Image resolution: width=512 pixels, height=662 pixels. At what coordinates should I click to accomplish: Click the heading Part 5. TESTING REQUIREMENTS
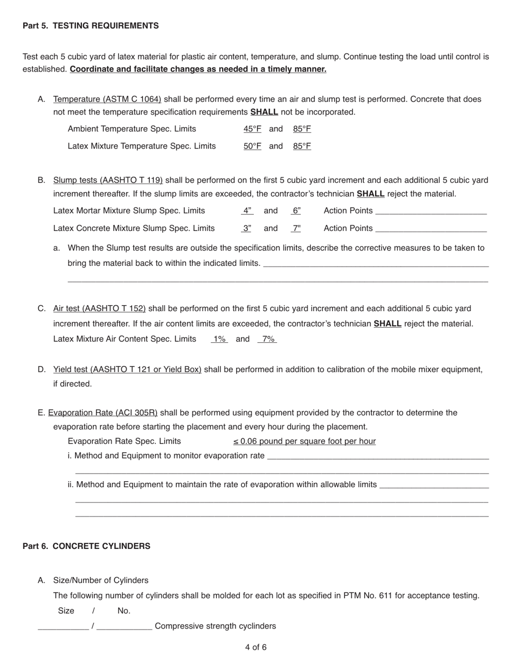coord(91,26)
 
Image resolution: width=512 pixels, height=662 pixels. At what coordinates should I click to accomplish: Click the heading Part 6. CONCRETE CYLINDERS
coord(86,546)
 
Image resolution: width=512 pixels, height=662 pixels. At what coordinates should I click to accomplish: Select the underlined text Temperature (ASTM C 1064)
coord(107,99)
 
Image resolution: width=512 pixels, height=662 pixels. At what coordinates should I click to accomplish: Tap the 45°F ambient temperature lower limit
coord(252,129)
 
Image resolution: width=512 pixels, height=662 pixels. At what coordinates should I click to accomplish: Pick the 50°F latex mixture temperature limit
coord(252,146)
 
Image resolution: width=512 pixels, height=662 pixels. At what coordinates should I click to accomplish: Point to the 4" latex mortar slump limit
coord(247,210)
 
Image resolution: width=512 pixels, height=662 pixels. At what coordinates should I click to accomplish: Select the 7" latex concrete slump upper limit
coord(296,228)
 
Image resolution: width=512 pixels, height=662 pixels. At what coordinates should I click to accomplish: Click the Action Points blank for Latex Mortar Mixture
coord(431,211)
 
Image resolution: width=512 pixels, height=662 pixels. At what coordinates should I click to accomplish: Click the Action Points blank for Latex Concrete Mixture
coord(431,229)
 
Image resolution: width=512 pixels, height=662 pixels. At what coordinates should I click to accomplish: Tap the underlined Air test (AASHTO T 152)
coord(99,308)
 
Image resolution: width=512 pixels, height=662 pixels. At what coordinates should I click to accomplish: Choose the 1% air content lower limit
coord(219,339)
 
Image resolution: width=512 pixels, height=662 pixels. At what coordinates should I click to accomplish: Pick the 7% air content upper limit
coord(268,339)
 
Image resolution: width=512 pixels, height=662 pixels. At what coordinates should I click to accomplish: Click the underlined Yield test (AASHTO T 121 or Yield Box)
coord(127,369)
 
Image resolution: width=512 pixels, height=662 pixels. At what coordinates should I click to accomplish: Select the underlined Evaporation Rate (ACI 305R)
coord(103,413)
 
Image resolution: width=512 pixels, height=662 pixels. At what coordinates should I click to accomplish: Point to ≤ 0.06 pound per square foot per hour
coord(305,441)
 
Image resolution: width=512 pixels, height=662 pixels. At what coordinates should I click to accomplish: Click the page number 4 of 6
coord(255,647)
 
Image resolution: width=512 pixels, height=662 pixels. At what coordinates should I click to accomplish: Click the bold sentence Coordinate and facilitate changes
coord(198,69)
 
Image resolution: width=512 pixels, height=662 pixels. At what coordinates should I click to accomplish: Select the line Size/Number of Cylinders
coord(100,580)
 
